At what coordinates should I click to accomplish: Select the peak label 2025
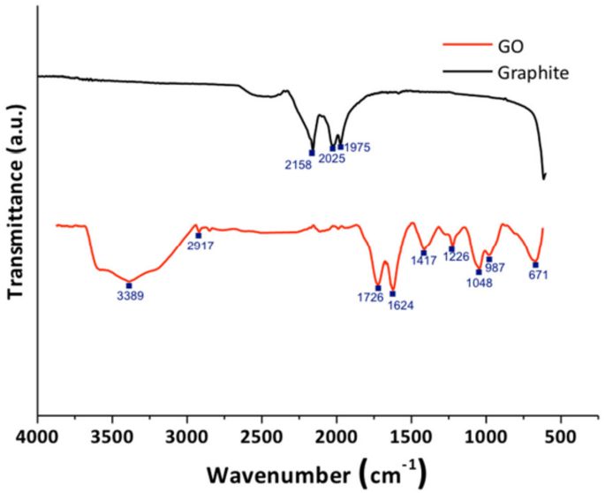pyautogui.click(x=332, y=159)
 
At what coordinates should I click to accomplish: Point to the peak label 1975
pyautogui.click(x=359, y=147)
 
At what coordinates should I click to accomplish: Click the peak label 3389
pyautogui.click(x=129, y=297)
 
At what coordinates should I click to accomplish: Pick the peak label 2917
pyautogui.click(x=200, y=246)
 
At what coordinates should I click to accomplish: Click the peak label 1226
pyautogui.click(x=456, y=256)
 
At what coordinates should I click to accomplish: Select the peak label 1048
pyautogui.click(x=479, y=284)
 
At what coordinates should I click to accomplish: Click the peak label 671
pyautogui.click(x=539, y=275)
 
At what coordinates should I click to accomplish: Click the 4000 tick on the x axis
pyautogui.click(x=37, y=436)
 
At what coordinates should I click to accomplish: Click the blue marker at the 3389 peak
pyautogui.click(x=129, y=285)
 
